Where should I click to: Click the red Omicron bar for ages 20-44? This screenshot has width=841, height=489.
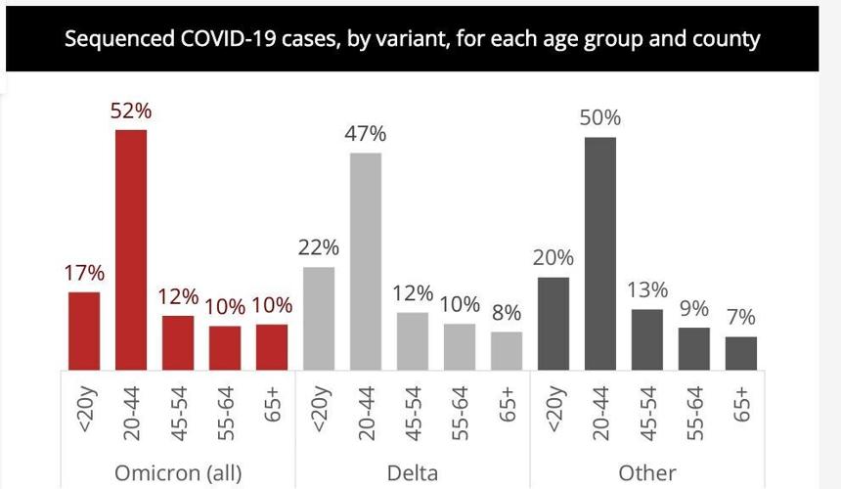131,249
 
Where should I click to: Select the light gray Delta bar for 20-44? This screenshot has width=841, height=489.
366,261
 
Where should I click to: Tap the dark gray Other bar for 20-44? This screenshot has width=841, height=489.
599,253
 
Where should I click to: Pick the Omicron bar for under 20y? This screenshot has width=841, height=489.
84,331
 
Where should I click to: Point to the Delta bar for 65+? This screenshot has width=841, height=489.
507,350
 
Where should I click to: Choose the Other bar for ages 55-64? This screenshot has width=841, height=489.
694,348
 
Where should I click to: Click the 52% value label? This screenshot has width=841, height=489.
130,112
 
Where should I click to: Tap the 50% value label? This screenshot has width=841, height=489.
599,118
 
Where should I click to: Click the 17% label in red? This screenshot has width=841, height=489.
85,274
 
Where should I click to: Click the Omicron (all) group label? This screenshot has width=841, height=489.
178,473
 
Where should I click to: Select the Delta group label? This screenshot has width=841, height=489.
412,473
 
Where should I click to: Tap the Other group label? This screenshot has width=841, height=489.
646,473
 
